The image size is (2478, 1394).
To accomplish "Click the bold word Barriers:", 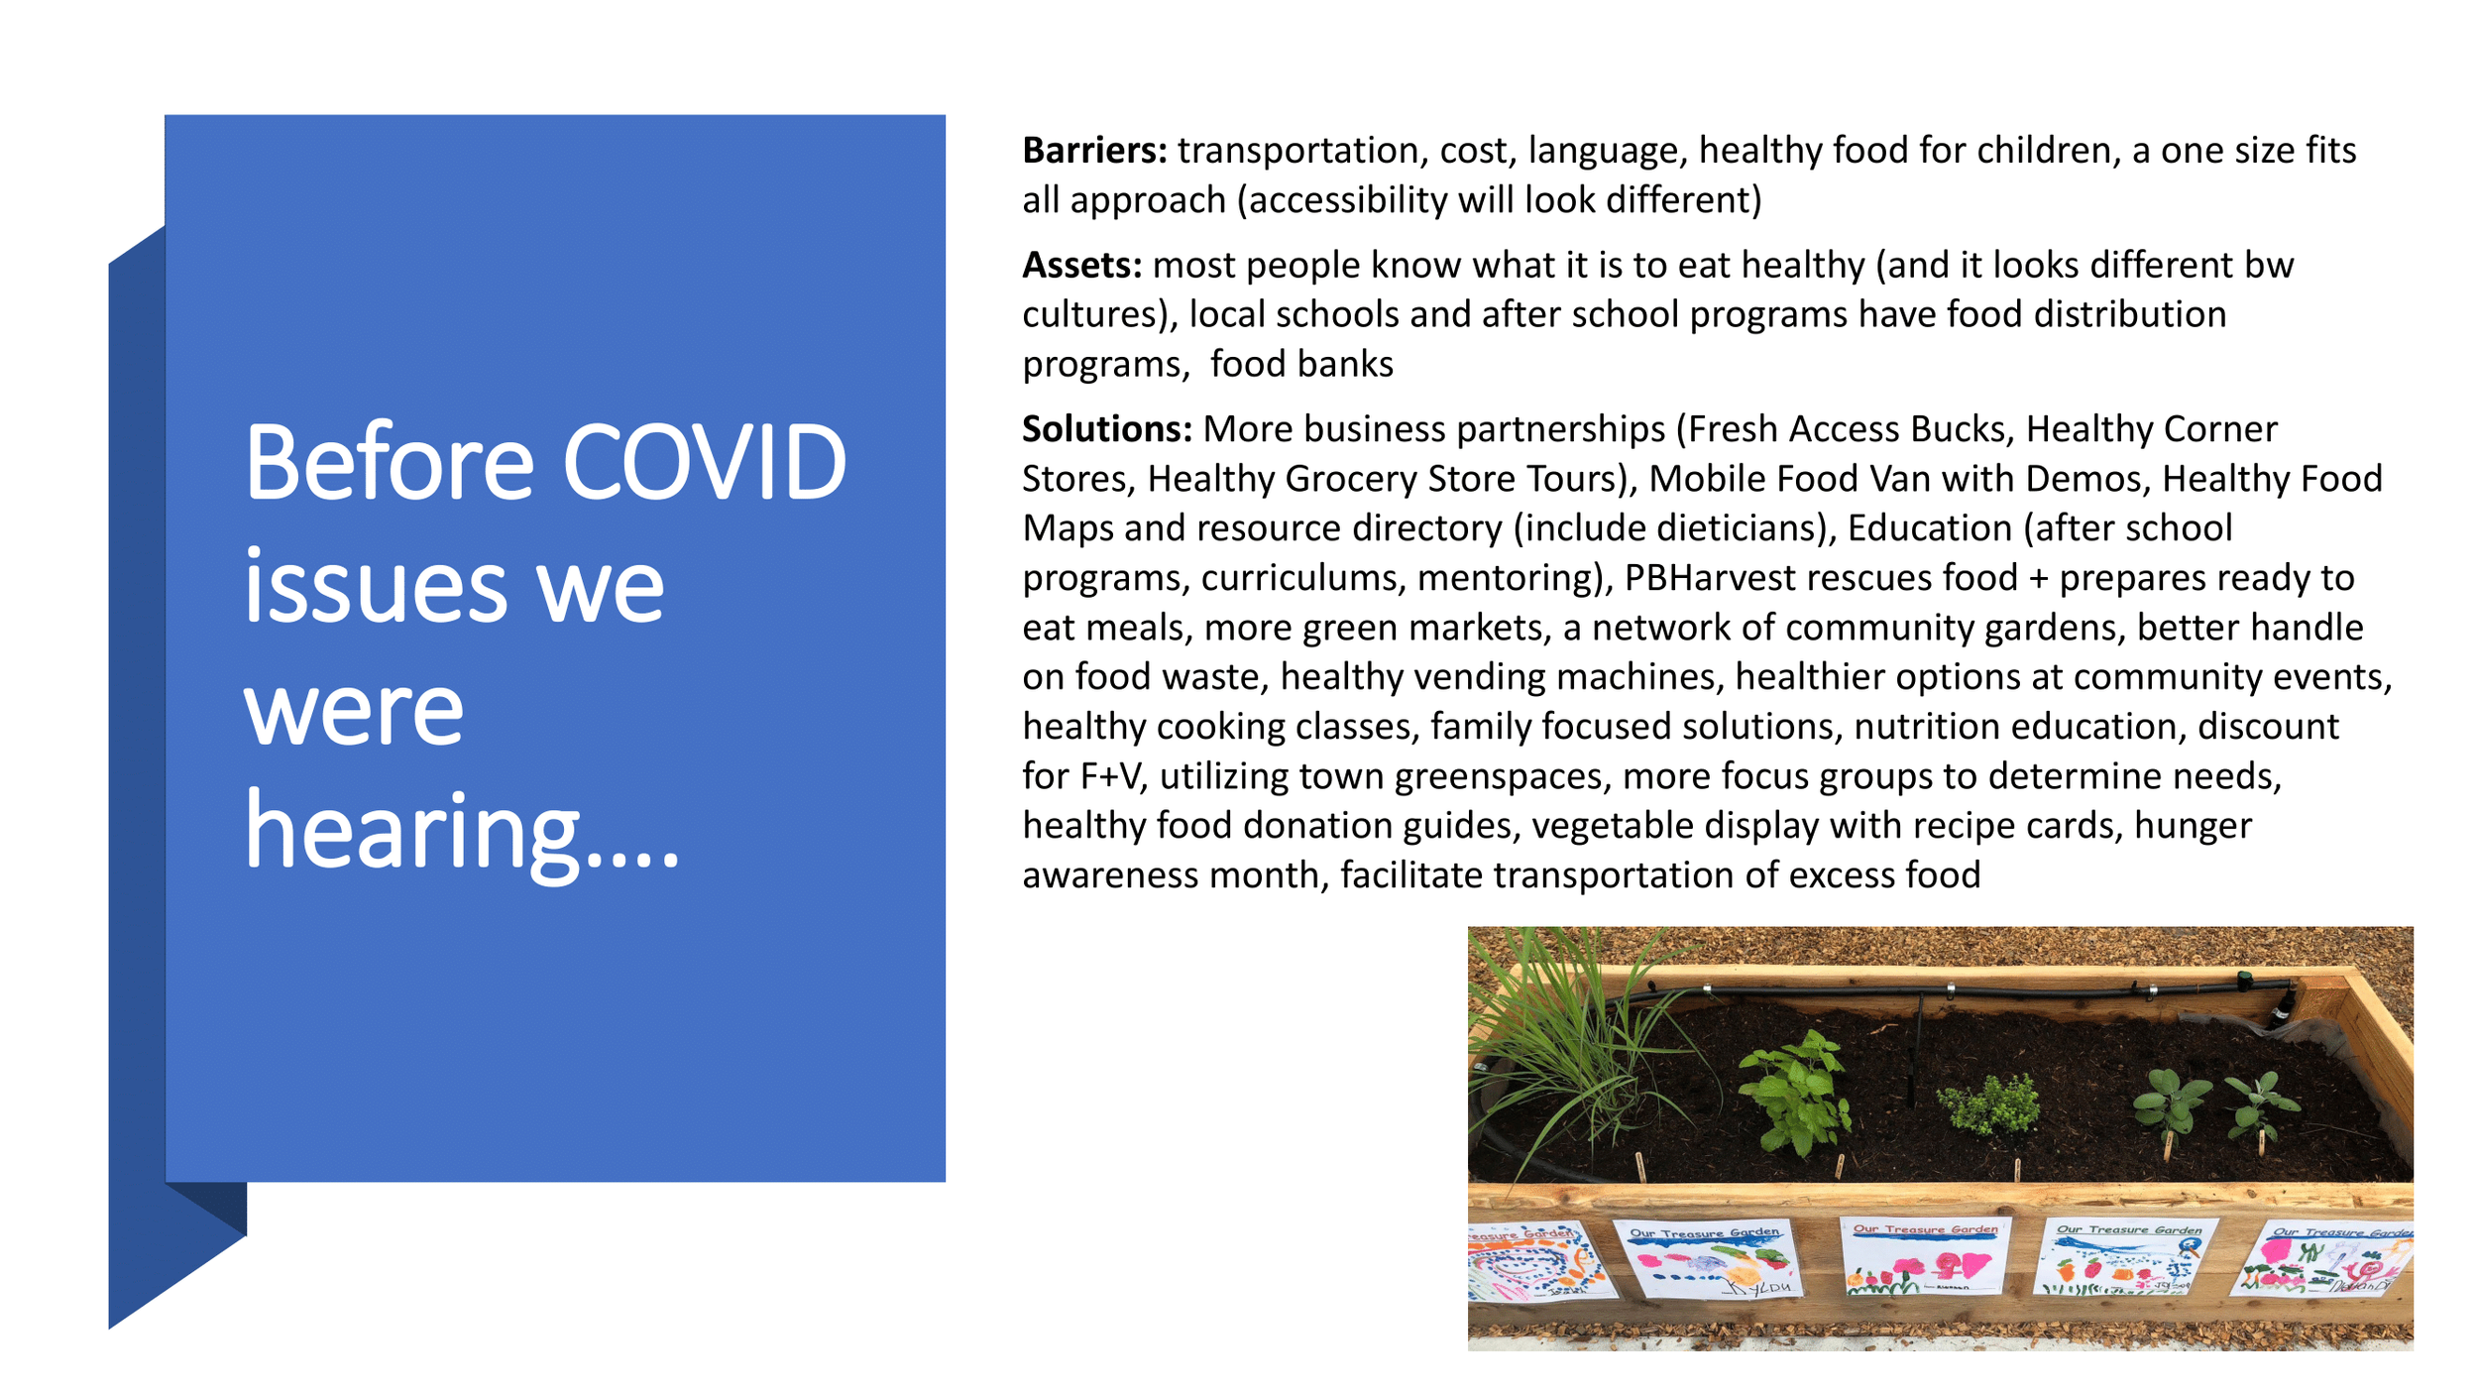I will coord(1094,151).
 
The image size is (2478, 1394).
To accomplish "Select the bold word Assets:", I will coord(1081,266).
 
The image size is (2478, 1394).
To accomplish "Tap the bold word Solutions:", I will coord(1106,429).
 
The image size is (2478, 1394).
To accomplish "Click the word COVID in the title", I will coord(704,462).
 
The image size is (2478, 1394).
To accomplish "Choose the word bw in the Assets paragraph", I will coord(2268,266).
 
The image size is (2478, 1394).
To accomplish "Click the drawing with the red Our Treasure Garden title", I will coord(1925,1257).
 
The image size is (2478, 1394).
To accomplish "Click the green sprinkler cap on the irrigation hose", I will coord(2244,981).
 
